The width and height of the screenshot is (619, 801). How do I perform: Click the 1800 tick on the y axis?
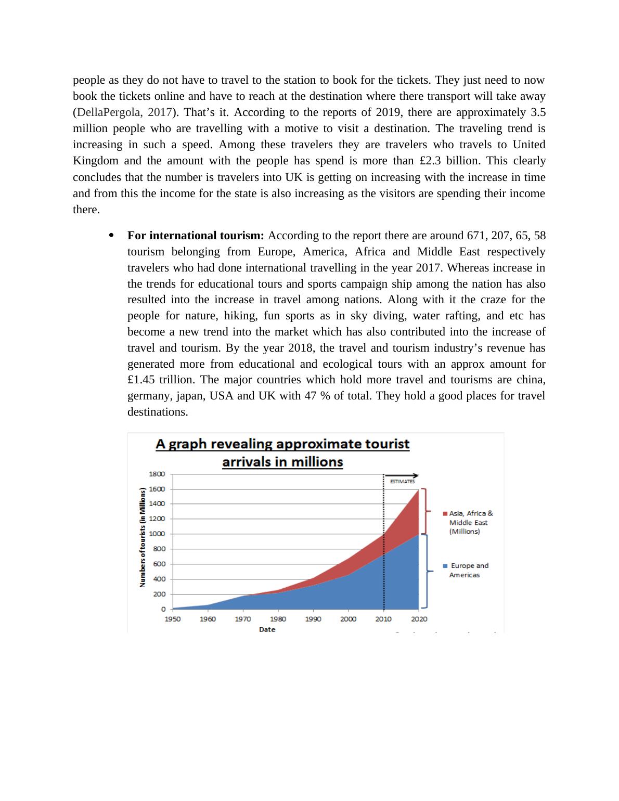pos(157,474)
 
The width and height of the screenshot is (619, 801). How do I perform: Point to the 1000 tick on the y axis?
pos(157,534)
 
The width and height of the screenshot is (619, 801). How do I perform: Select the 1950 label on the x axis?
pos(173,619)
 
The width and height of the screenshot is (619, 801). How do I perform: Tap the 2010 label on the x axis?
pos(383,619)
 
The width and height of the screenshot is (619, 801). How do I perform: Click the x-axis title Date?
pos(267,629)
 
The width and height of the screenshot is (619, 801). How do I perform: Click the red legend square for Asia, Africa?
pos(445,513)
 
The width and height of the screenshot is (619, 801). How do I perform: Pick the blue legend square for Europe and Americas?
pos(445,566)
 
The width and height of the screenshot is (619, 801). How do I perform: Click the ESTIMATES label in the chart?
pos(403,482)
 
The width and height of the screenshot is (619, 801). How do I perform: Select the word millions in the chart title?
pos(317,462)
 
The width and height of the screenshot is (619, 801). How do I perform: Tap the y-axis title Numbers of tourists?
pos(142,538)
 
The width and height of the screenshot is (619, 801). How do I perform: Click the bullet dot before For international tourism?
pos(111,236)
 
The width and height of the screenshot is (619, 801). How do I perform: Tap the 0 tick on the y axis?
pos(163,609)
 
